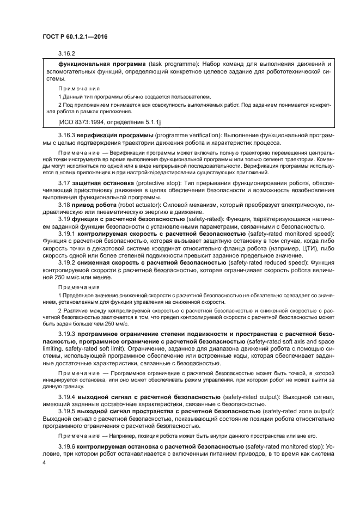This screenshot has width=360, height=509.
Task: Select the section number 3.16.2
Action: [x=66, y=54]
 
